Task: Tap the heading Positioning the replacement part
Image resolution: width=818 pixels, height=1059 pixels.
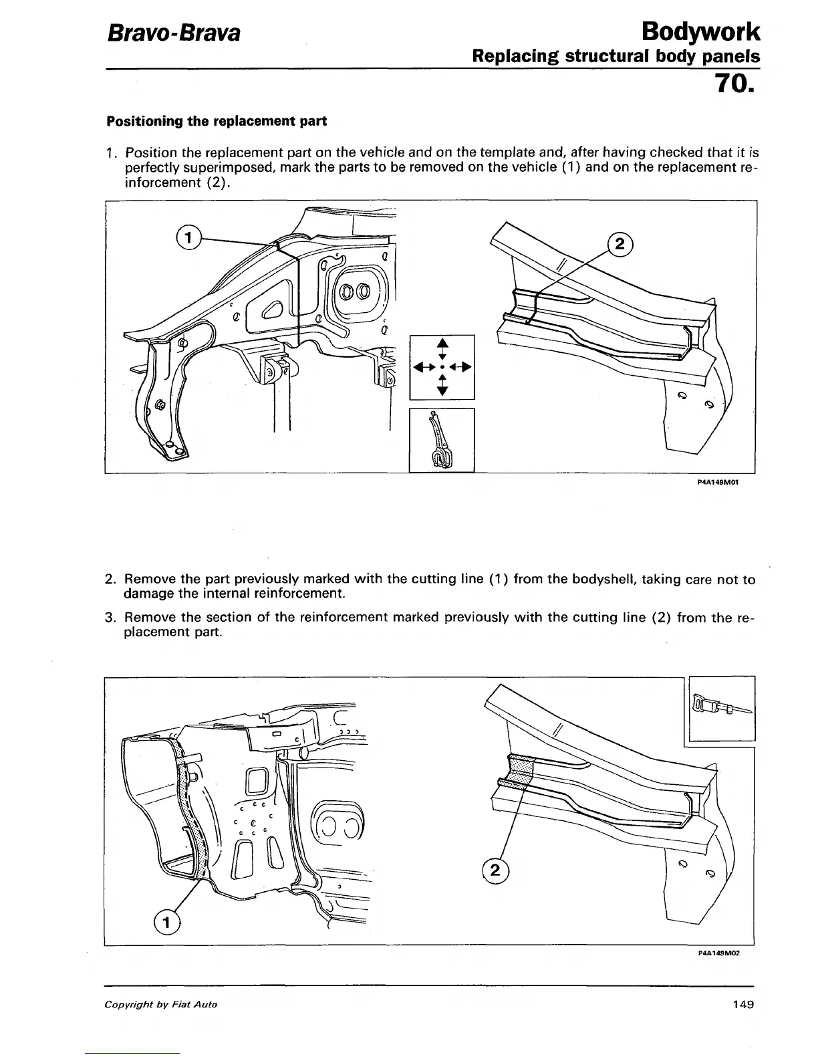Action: pyautogui.click(x=217, y=122)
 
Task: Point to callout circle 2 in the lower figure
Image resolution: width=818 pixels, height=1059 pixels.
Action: pyautogui.click(x=495, y=870)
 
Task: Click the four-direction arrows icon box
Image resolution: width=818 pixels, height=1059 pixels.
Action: pyautogui.click(x=441, y=366)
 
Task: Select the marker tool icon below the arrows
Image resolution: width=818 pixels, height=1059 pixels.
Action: pyautogui.click(x=441, y=440)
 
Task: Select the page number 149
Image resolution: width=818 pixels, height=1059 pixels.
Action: pyautogui.click(x=742, y=1004)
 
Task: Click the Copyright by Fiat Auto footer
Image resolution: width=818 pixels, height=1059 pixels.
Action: pyautogui.click(x=160, y=1005)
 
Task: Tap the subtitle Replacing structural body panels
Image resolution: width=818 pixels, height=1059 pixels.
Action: pyautogui.click(x=616, y=56)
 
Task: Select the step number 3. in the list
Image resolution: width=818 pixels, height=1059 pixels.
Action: pyautogui.click(x=112, y=618)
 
